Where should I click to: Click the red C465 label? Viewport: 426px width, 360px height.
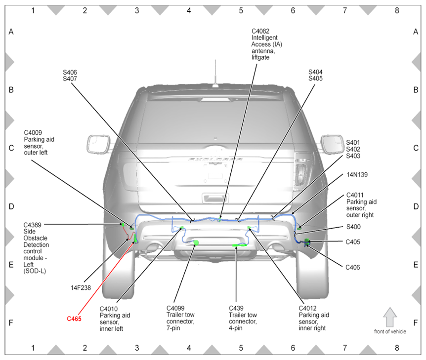74,319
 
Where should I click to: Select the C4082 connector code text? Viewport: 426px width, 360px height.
260,31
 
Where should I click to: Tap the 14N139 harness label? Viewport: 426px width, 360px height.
356,175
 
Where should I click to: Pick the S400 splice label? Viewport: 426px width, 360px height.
353,227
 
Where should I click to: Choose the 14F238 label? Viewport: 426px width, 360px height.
81,288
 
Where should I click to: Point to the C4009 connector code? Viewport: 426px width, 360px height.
33,133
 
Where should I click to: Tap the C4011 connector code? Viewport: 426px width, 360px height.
356,195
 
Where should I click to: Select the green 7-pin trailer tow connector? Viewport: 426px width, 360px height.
196,242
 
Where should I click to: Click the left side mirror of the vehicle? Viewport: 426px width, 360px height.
98,144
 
